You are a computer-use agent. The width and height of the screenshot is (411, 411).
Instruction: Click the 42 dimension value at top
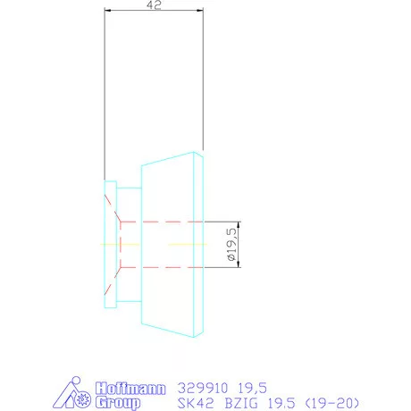(155, 5)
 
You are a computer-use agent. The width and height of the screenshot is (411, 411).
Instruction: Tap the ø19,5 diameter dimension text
(232, 243)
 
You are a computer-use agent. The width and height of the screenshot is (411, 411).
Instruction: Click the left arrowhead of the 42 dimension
(107, 12)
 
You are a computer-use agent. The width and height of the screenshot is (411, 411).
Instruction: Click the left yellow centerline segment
(109, 243)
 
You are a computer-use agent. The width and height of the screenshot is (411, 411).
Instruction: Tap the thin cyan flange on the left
(110, 243)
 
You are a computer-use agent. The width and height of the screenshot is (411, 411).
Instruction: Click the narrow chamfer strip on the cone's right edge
(201, 243)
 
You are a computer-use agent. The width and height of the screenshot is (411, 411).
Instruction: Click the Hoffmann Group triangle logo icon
(80, 395)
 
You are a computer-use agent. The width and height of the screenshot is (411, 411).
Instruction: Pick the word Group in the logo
(116, 402)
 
